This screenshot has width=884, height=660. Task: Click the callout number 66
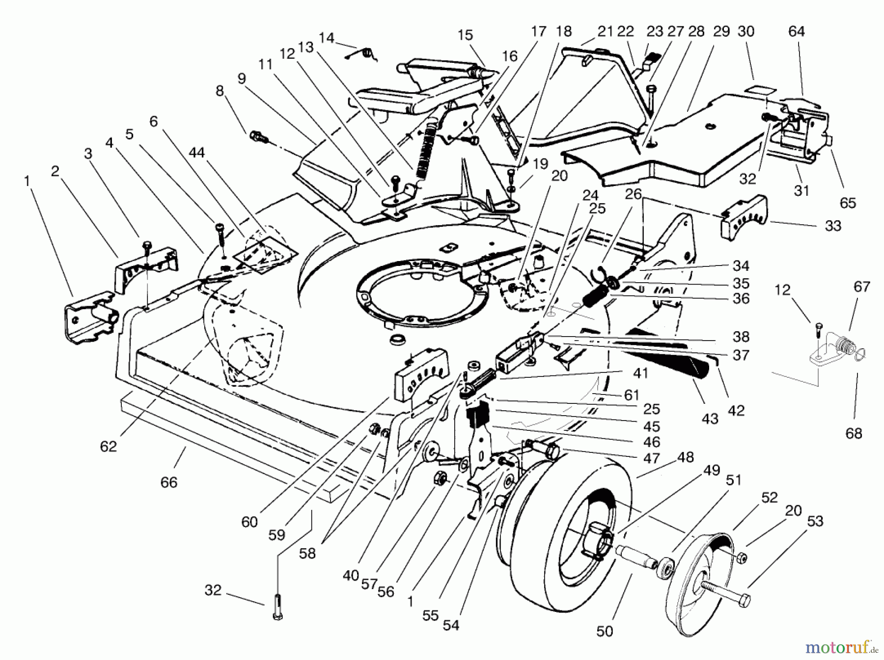(x=169, y=482)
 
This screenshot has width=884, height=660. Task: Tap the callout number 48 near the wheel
(x=685, y=457)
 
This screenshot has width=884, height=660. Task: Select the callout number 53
(x=815, y=521)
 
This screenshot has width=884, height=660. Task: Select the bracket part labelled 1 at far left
(x=88, y=317)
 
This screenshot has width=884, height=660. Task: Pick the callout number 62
(x=109, y=447)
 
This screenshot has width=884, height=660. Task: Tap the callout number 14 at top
(x=326, y=38)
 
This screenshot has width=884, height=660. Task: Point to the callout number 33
(x=833, y=226)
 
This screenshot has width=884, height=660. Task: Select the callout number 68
(x=854, y=433)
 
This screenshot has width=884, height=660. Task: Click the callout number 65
(x=848, y=203)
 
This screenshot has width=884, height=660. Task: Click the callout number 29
(x=721, y=31)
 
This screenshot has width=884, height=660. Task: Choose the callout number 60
(x=249, y=522)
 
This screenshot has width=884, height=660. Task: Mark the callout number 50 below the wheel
(x=605, y=631)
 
